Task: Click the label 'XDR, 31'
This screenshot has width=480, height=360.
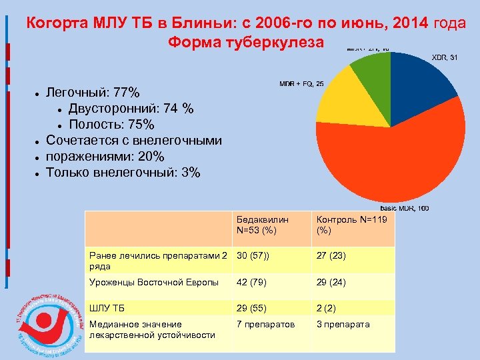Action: click(445, 57)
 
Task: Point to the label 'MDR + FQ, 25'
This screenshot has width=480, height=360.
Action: click(301, 84)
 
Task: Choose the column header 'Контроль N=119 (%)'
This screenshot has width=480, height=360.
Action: click(341, 225)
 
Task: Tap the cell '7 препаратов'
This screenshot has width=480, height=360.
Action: click(265, 324)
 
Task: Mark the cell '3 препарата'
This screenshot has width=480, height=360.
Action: click(343, 324)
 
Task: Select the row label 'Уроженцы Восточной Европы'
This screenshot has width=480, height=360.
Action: click(154, 282)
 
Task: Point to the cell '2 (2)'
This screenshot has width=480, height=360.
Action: click(327, 307)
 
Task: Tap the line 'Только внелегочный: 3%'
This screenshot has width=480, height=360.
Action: click(123, 173)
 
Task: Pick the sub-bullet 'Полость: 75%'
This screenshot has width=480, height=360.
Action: click(111, 125)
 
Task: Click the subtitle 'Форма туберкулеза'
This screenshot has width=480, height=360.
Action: click(246, 43)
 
